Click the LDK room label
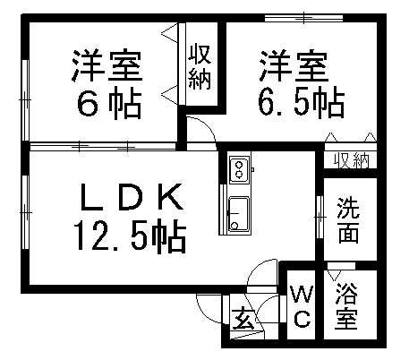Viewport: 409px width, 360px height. [x=132, y=197]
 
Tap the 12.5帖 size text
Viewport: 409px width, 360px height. [x=131, y=236]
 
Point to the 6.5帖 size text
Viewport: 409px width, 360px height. [x=302, y=102]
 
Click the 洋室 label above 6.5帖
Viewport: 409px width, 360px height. [x=294, y=66]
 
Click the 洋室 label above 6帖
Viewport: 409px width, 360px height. [x=107, y=66]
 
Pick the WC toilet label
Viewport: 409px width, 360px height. [x=302, y=306]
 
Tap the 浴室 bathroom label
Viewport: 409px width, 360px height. [x=346, y=306]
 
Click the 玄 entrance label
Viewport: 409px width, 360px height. [x=243, y=319]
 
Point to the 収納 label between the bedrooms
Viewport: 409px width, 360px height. [x=200, y=66]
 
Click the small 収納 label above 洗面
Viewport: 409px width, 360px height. [x=352, y=161]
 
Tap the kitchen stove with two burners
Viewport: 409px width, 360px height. [x=239, y=169]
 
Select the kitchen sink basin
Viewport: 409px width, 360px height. [x=238, y=214]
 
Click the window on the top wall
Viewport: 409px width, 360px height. [x=304, y=18]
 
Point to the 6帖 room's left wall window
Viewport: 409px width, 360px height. [x=25, y=99]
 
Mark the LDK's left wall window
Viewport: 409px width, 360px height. [x=25, y=212]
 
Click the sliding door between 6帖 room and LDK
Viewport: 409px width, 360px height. [x=103, y=147]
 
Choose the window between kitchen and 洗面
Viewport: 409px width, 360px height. [x=320, y=217]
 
